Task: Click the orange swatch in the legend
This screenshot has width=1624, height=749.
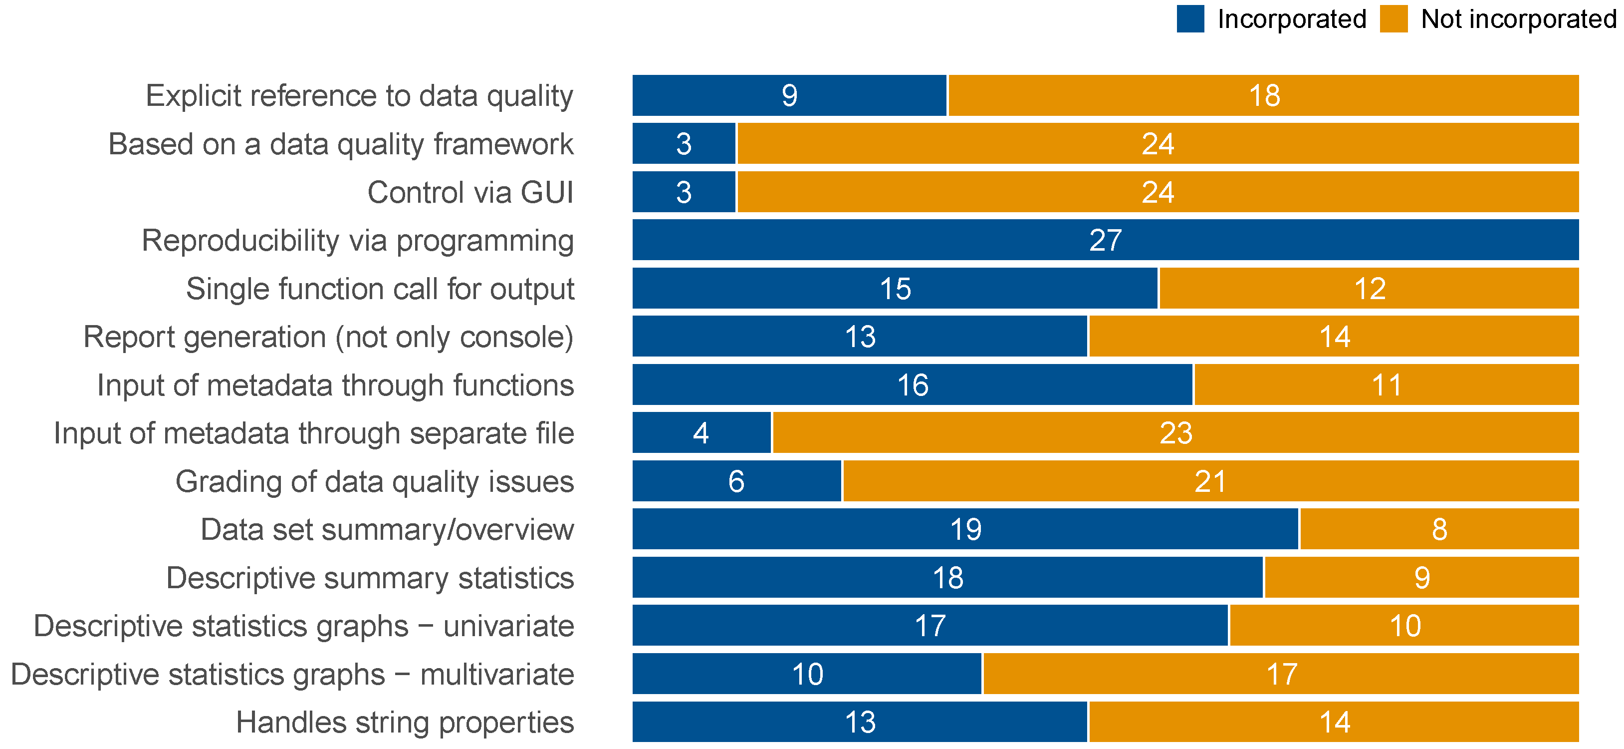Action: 1393,19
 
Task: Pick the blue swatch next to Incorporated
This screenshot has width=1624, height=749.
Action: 1190,19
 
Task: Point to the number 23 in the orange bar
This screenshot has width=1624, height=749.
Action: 1176,433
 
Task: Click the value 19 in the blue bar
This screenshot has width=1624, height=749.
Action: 966,529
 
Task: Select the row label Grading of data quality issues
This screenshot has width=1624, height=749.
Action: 375,481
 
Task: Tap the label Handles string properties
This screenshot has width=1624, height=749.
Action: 405,723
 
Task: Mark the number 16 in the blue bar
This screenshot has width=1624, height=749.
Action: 913,385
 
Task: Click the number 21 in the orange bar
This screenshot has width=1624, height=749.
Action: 1210,481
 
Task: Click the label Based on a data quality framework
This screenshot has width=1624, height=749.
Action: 341,144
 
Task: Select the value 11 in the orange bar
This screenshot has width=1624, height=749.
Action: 1387,385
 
